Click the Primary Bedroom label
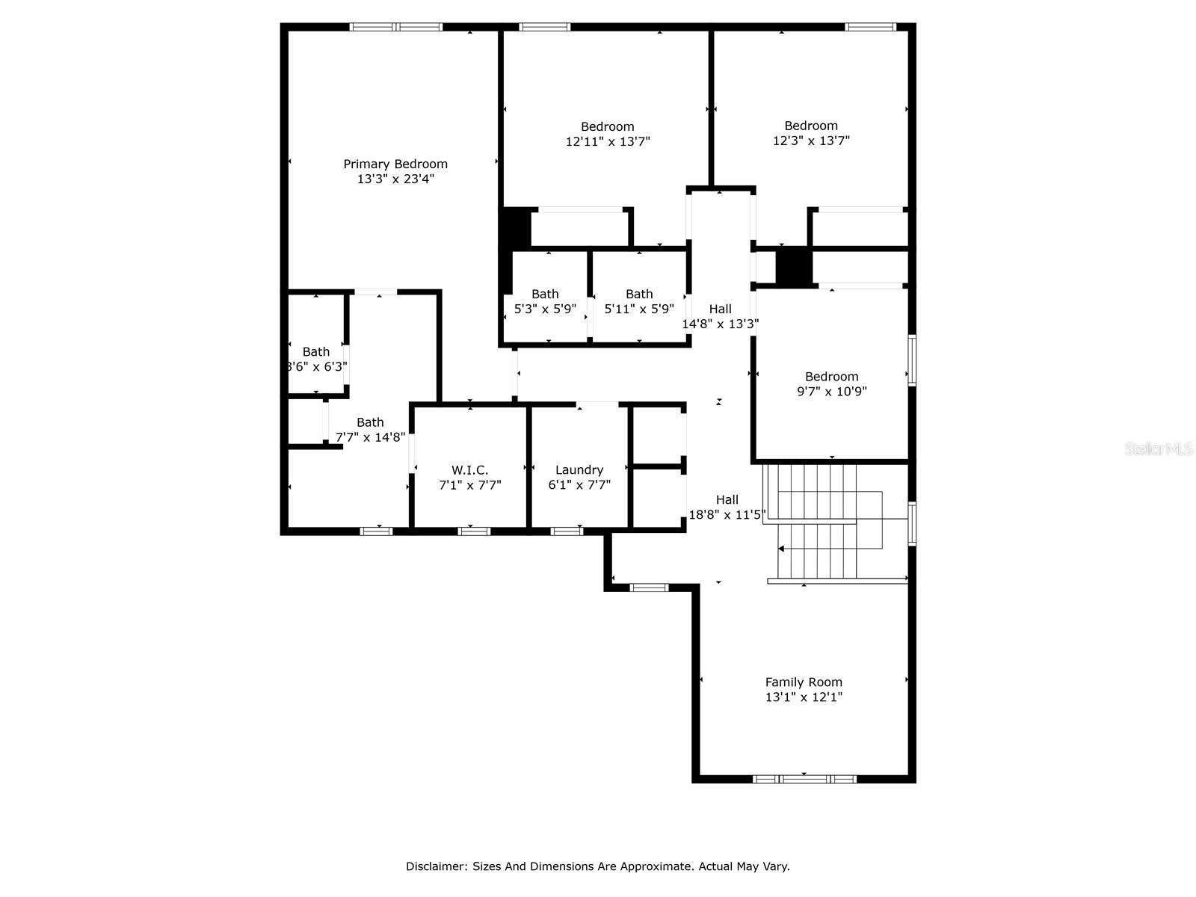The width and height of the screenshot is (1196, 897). tap(395, 164)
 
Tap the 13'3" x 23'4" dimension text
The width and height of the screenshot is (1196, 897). tap(395, 179)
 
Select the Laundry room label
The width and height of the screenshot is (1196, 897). tap(579, 469)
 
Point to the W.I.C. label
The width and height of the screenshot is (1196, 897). tap(469, 469)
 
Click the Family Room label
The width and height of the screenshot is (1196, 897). tap(804, 682)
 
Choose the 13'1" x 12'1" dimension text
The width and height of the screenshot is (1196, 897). tap(804, 697)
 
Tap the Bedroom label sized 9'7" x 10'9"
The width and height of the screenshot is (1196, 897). tap(831, 376)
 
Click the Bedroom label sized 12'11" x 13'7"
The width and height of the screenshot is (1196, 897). tap(608, 126)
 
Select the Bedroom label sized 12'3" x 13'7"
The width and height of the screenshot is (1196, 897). tap(811, 126)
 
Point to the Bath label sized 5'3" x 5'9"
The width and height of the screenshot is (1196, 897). tap(545, 294)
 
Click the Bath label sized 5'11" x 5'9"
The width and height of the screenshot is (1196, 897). tap(639, 294)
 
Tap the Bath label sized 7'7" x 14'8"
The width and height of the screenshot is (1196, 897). tap(370, 422)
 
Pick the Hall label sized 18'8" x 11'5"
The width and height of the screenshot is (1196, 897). tap(727, 499)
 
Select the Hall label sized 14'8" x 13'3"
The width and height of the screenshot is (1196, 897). tap(721, 309)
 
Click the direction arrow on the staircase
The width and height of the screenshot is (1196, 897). tap(782, 549)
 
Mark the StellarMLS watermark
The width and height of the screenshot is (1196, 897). tap(1159, 449)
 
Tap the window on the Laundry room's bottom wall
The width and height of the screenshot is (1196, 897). tap(567, 531)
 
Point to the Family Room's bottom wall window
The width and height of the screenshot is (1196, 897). tap(804, 779)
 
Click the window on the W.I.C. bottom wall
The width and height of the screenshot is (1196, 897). tap(474, 531)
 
